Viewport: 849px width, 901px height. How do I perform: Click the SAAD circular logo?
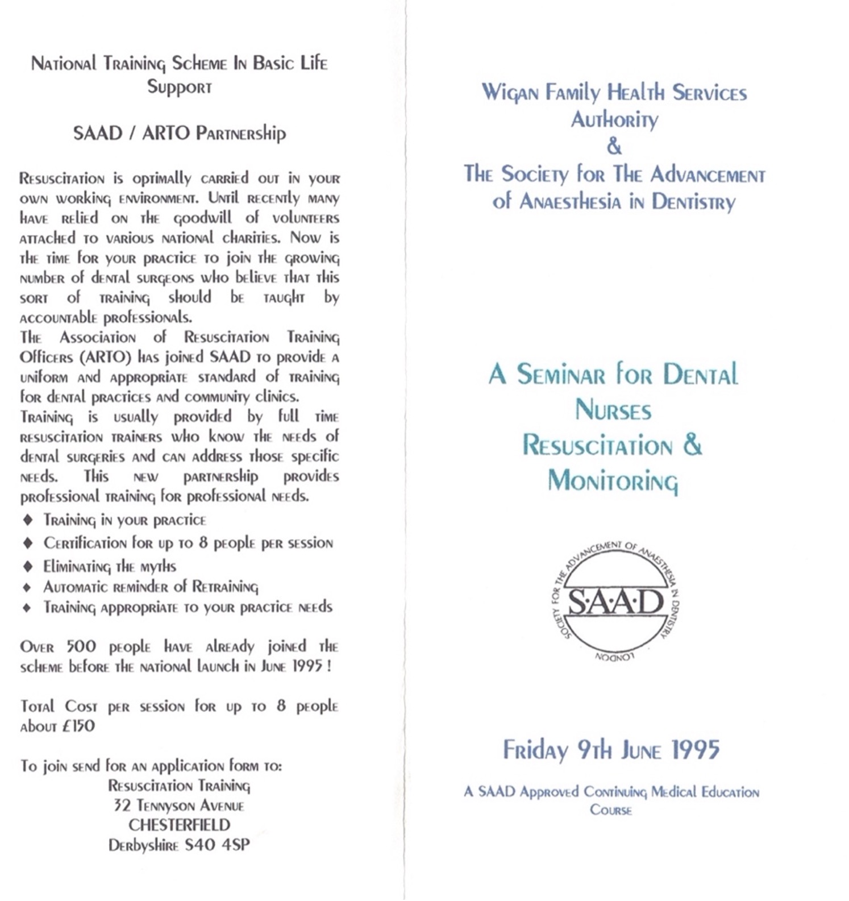(615, 601)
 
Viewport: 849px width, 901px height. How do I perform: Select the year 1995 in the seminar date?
(696, 749)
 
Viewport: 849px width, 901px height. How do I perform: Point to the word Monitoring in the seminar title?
(613, 481)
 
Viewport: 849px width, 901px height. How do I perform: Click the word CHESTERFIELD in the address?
(179, 825)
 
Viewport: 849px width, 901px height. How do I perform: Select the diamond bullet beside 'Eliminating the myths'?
(27, 566)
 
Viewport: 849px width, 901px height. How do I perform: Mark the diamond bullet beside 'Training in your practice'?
(27, 520)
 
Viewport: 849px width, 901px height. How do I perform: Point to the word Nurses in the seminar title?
(613, 410)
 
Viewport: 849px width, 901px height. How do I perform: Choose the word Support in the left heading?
(179, 86)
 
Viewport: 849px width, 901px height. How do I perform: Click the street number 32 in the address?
(122, 805)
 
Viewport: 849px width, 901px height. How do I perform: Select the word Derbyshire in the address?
(143, 845)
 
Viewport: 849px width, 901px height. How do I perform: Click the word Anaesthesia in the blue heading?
(570, 201)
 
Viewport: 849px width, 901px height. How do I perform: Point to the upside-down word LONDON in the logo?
(614, 657)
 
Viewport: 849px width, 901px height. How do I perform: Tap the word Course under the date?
(611, 809)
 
